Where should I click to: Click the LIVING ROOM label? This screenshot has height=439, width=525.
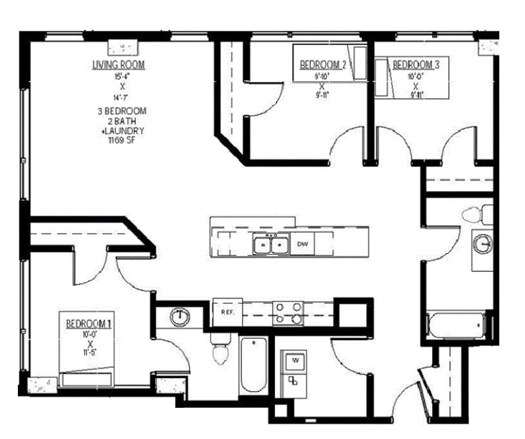coord(119,65)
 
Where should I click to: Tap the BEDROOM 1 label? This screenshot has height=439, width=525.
coord(89,324)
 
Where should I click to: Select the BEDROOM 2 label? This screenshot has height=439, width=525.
coord(323,65)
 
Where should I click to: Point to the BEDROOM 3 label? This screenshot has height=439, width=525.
coord(416,65)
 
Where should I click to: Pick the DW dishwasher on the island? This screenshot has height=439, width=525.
coord(303,244)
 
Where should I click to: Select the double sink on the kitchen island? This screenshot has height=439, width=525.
coord(272,245)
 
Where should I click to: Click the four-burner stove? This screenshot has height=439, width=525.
coord(288,313)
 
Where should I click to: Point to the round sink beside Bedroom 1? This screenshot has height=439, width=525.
coord(179,317)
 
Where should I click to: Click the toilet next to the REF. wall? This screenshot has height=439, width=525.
coord(219,350)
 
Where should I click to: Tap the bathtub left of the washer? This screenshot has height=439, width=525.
coord(253,365)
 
